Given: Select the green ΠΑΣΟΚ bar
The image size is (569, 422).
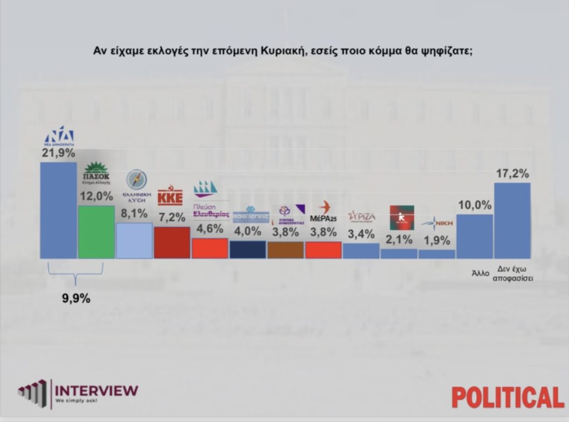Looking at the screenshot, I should coord(96,232).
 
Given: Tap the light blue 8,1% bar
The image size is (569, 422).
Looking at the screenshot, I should coord(134,240).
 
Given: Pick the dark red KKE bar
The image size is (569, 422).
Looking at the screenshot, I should coord(172,242).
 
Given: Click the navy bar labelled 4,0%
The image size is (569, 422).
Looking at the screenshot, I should coord(247,250).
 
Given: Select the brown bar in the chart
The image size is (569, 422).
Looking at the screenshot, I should coord(285,250).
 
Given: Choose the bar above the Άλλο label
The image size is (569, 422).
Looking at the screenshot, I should coord(474,236).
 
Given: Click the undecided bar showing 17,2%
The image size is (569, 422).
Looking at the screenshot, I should coord(512,220).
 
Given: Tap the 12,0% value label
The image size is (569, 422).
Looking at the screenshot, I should coord(96,196).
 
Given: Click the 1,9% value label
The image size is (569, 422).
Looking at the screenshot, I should coord(436,241).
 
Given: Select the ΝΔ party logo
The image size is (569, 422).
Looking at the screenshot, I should coord(59,136).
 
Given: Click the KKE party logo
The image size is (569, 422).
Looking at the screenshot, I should coord(170,196).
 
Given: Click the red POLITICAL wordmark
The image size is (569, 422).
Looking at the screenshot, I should coord(507,397).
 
